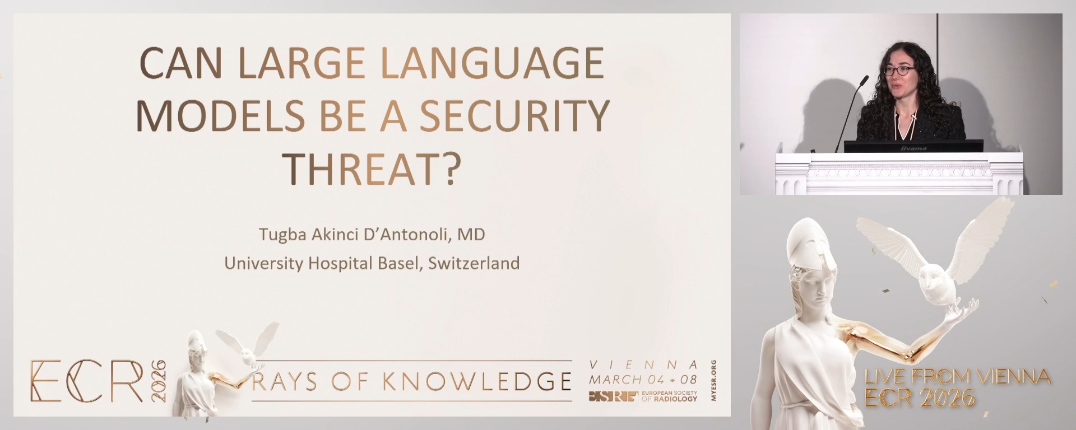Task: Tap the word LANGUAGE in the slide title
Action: click(491, 63)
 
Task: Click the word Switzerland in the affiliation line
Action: click(474, 263)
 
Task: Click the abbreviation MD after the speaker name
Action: click(471, 234)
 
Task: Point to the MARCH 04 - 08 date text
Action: click(643, 380)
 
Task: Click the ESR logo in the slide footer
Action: click(613, 396)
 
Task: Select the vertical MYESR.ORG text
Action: click(713, 380)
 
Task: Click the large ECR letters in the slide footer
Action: click(87, 381)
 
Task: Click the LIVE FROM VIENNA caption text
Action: click(957, 377)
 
